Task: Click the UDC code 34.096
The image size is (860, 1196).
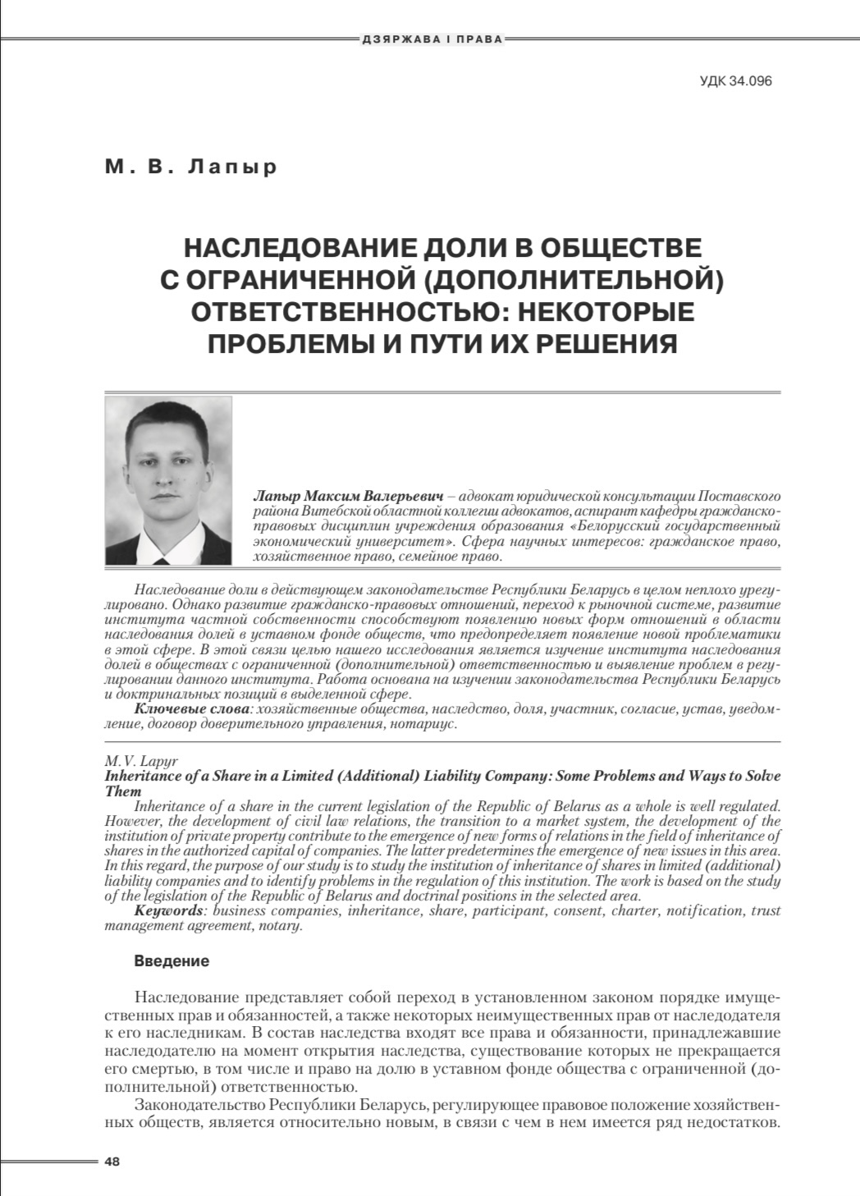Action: pos(736,81)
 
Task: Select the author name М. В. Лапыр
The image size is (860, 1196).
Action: pos(191,167)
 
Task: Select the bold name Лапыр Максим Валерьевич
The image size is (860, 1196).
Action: pos(350,497)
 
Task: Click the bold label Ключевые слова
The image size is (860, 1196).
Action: pos(191,708)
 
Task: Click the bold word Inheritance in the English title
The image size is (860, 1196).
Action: pos(142,776)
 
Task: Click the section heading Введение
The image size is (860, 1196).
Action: pos(171,961)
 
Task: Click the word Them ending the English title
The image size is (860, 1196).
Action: pos(123,791)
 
